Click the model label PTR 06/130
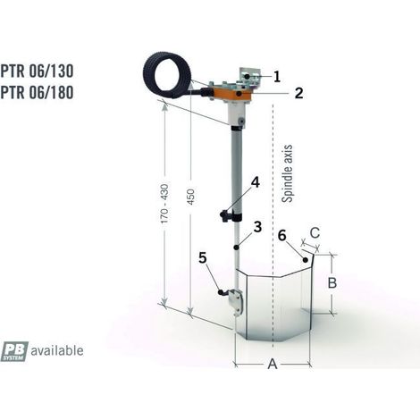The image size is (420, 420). pos(37,71)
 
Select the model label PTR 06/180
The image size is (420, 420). pos(37,92)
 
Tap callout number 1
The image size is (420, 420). pos(277,77)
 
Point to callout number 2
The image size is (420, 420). pos(298,93)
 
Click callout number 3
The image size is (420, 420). pos(257,227)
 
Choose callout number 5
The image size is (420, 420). pos(203,258)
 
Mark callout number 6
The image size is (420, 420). pos(281,236)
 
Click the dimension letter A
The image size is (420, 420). pos(273,364)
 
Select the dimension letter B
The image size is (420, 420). pos(332,283)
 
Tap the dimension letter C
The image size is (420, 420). pos(315,233)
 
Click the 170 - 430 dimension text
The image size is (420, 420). pos(164,204)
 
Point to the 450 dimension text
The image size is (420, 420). pos(190,197)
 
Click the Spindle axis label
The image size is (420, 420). pos(287,174)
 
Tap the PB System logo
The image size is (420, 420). pos(14,351)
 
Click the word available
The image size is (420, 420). pos(57,350)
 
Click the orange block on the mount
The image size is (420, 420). pos(231,95)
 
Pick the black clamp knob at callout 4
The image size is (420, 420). pos(224,215)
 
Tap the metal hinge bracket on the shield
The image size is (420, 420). pos(236,301)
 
